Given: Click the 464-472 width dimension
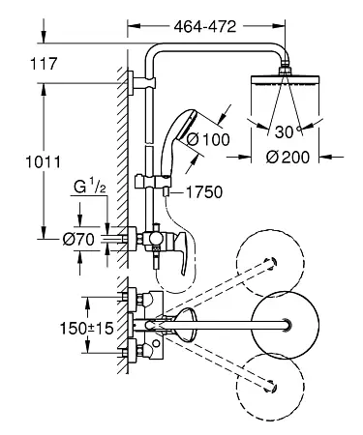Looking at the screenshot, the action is click(205, 27).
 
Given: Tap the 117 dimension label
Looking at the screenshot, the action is click(44, 64).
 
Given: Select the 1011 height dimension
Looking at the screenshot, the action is click(43, 161).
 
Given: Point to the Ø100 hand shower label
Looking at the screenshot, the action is click(208, 139).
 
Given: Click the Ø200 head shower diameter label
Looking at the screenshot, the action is click(287, 157).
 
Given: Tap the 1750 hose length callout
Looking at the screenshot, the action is click(204, 192).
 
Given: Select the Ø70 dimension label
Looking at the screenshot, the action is click(78, 240).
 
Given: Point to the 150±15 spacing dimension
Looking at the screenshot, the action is click(87, 329).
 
